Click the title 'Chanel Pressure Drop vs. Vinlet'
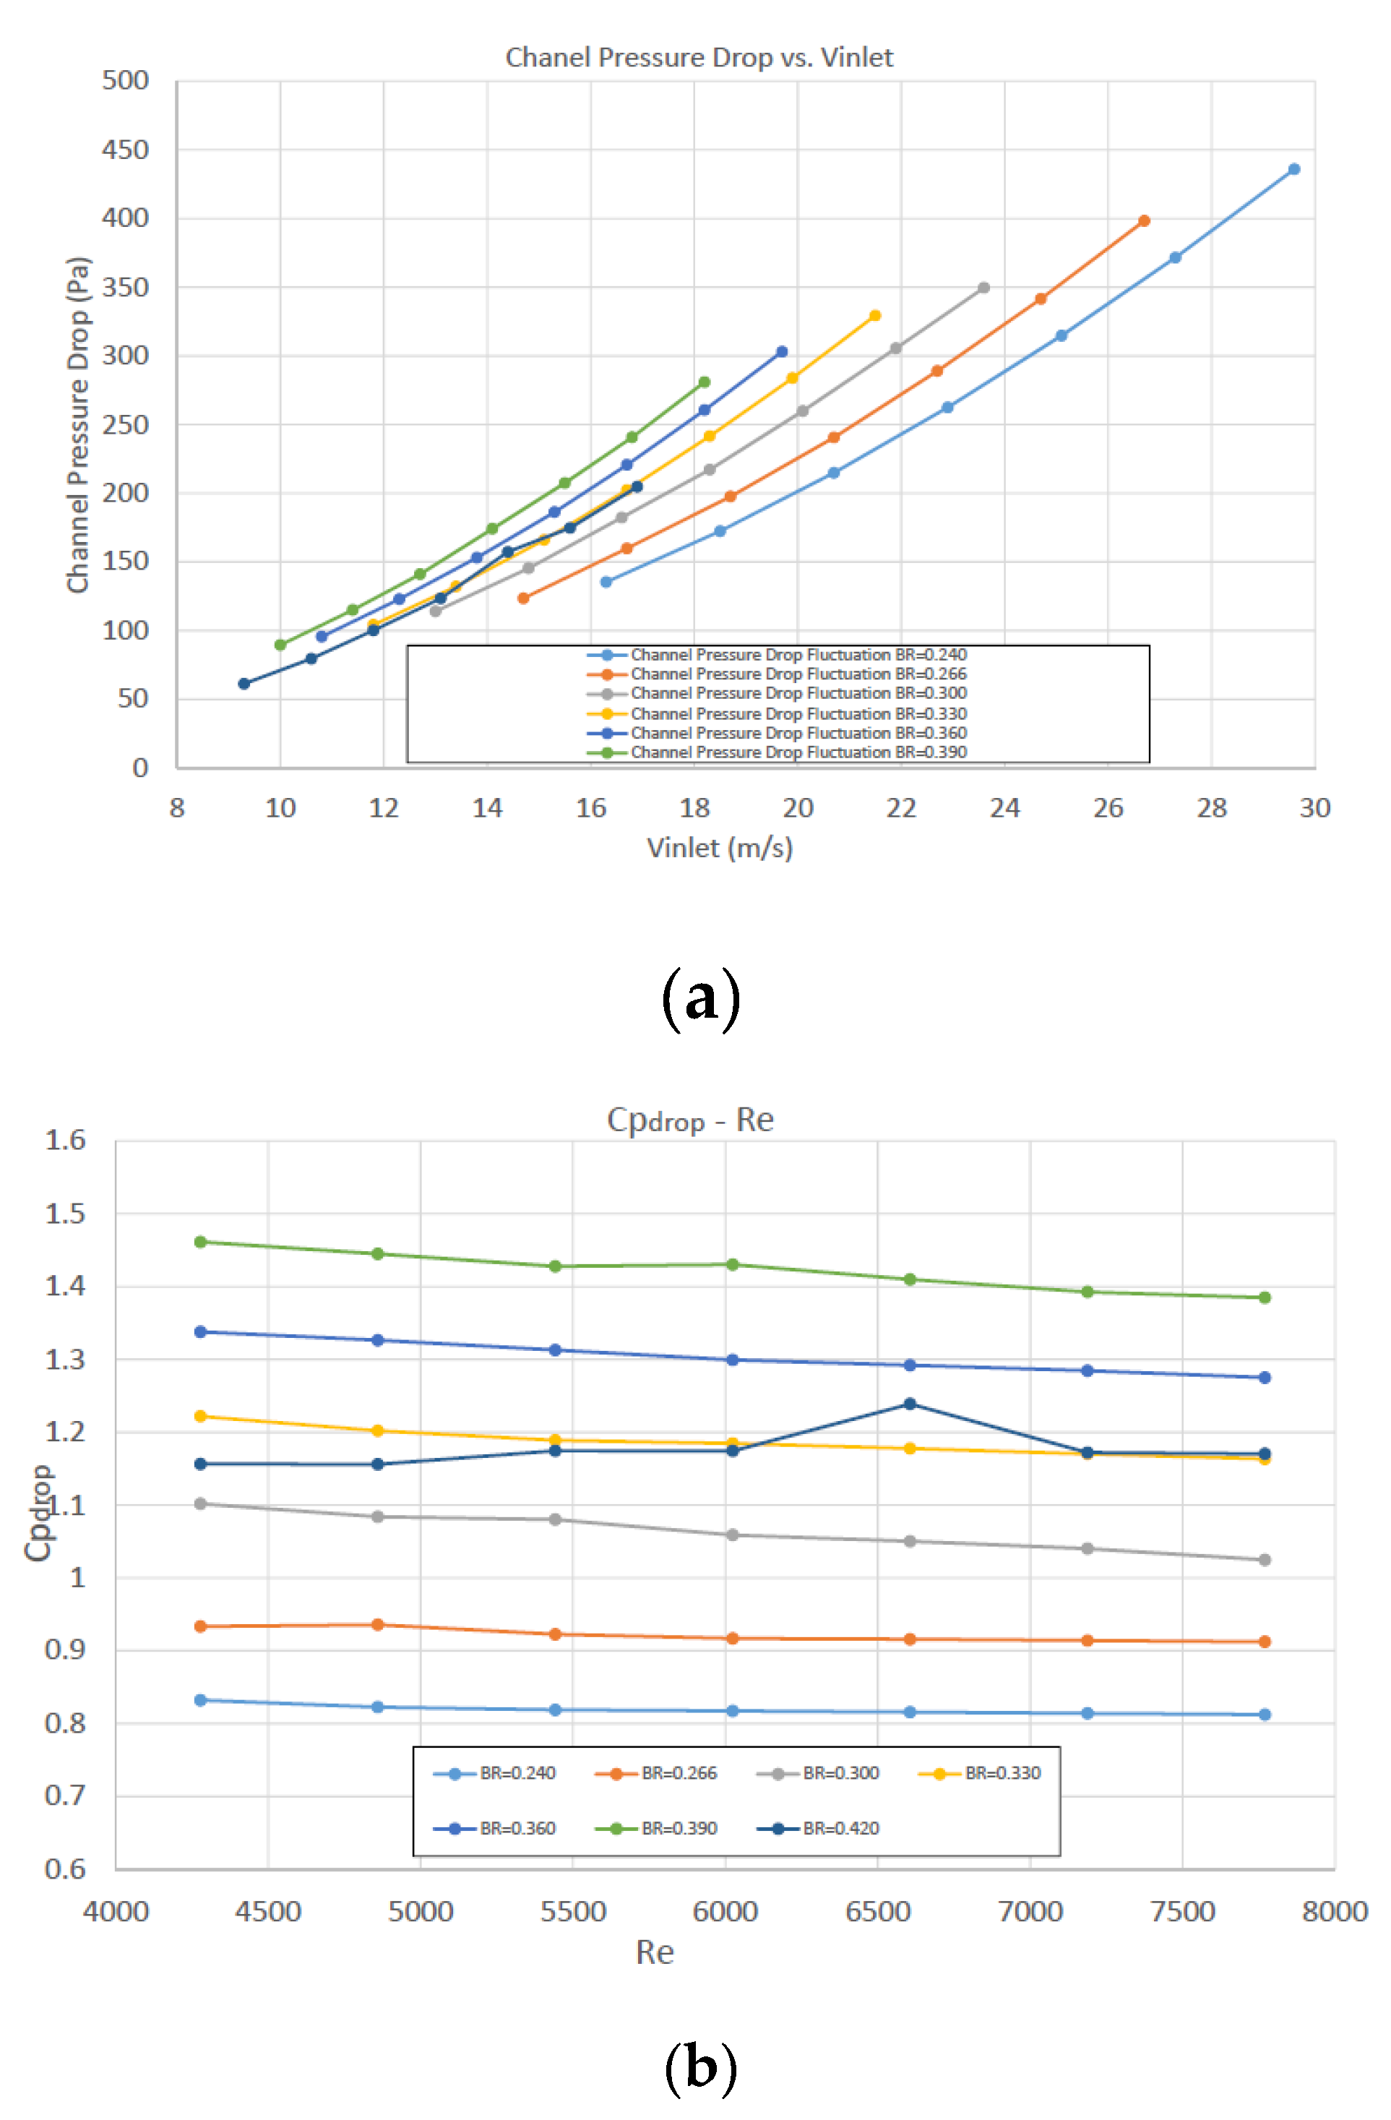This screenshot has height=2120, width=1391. point(698,58)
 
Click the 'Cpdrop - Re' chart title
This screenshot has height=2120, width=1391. point(689,1120)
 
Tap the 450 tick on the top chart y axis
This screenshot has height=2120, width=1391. point(126,150)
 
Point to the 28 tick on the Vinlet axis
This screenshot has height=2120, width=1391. point(1210,808)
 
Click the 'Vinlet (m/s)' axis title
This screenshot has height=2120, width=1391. point(719,847)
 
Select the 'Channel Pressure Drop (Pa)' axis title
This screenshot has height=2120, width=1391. point(78,424)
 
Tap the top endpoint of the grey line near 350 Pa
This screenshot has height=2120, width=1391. point(983,288)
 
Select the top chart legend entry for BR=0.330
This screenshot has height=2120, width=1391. point(797,713)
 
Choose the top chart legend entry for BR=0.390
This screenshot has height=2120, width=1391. point(797,752)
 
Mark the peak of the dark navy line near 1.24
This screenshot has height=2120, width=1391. point(909,1404)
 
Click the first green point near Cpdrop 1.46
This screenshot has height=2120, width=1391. point(200,1242)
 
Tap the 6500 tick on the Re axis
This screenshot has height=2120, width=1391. point(877,1912)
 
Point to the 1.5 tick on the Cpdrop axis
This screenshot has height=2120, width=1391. point(65,1213)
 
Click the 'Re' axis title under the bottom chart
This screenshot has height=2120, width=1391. point(655,1952)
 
